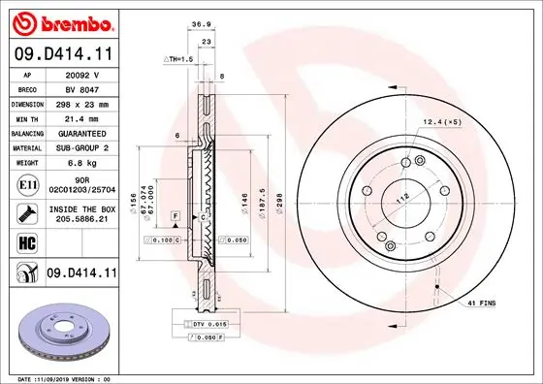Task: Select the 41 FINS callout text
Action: [x=482, y=304]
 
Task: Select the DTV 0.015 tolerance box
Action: [x=203, y=323]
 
